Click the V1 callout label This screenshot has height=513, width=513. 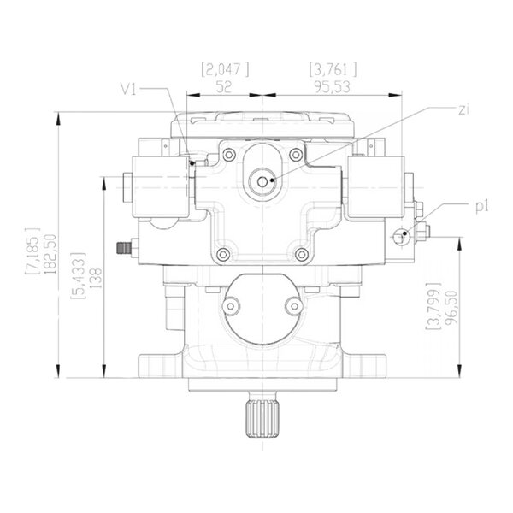(x=128, y=89)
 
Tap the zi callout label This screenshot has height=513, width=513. (x=464, y=110)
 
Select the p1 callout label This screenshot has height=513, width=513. (x=481, y=207)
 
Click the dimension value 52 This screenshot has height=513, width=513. (x=224, y=87)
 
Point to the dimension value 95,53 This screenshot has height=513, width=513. (x=333, y=86)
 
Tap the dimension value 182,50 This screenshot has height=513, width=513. (x=51, y=254)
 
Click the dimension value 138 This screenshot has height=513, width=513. (x=97, y=278)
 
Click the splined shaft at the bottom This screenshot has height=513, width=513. (x=262, y=419)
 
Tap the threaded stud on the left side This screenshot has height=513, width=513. (x=124, y=248)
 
